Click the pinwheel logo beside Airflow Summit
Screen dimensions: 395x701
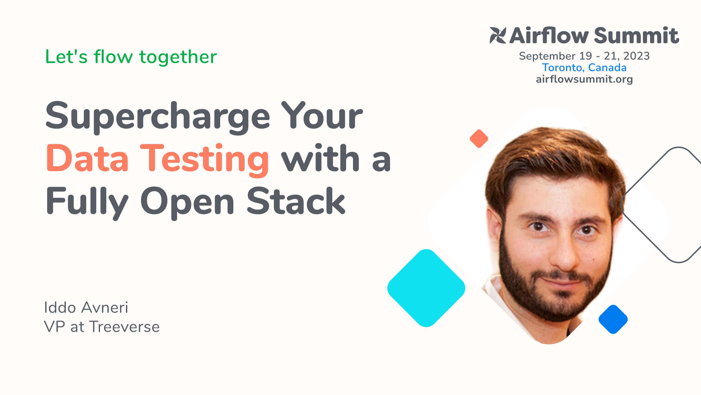click(x=498, y=35)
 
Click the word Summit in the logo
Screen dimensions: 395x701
click(x=636, y=36)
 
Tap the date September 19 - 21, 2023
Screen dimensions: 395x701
click(x=584, y=56)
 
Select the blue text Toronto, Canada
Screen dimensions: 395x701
click(x=584, y=68)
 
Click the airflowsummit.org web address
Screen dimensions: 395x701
click(x=584, y=79)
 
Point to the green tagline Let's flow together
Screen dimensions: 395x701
click(x=131, y=57)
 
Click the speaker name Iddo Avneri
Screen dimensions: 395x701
click(x=86, y=307)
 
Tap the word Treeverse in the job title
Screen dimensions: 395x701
click(x=125, y=327)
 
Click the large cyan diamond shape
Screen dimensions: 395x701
click(x=426, y=288)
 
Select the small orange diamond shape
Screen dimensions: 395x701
click(x=479, y=139)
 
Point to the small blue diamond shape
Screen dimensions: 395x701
click(x=613, y=319)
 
